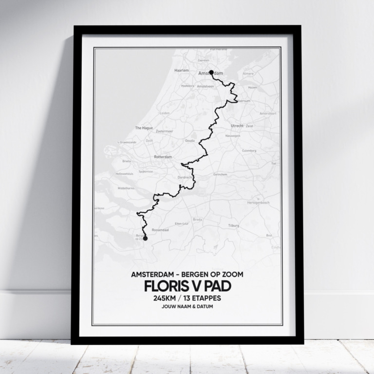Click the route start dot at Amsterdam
click(x=211, y=73)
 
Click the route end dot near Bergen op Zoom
click(x=145, y=238)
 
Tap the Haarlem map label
click(x=181, y=70)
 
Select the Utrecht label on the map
click(x=237, y=126)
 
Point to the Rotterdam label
click(x=163, y=157)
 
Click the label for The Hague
click(x=144, y=128)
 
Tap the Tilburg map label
click(x=234, y=226)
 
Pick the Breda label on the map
click(x=197, y=220)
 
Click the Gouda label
click(x=189, y=140)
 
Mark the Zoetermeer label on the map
click(x=164, y=131)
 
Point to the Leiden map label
click(x=165, y=112)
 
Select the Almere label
click(x=248, y=74)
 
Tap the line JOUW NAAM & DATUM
click(x=187, y=307)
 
